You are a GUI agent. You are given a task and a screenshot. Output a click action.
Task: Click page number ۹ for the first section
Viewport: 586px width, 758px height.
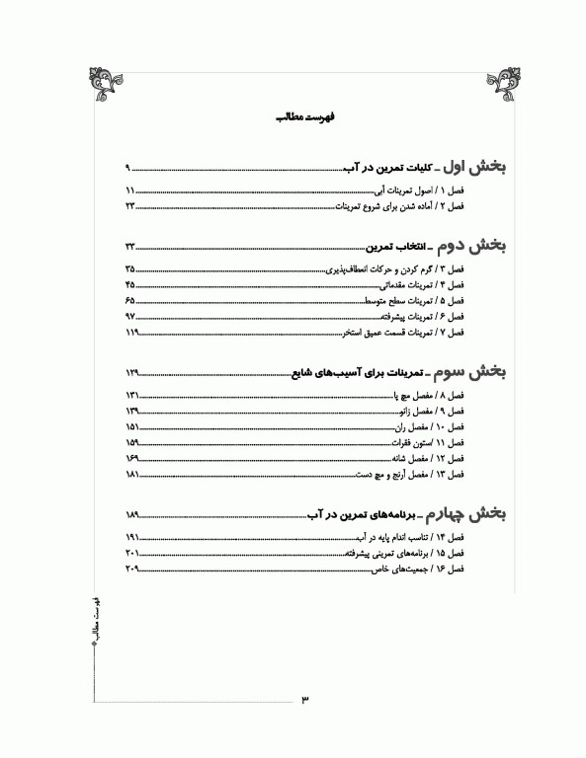[x=127, y=168]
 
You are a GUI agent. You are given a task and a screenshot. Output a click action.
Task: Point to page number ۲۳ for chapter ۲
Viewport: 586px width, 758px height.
[x=129, y=207]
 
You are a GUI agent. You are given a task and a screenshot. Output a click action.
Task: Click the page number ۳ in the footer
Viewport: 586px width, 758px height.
[x=304, y=700]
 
